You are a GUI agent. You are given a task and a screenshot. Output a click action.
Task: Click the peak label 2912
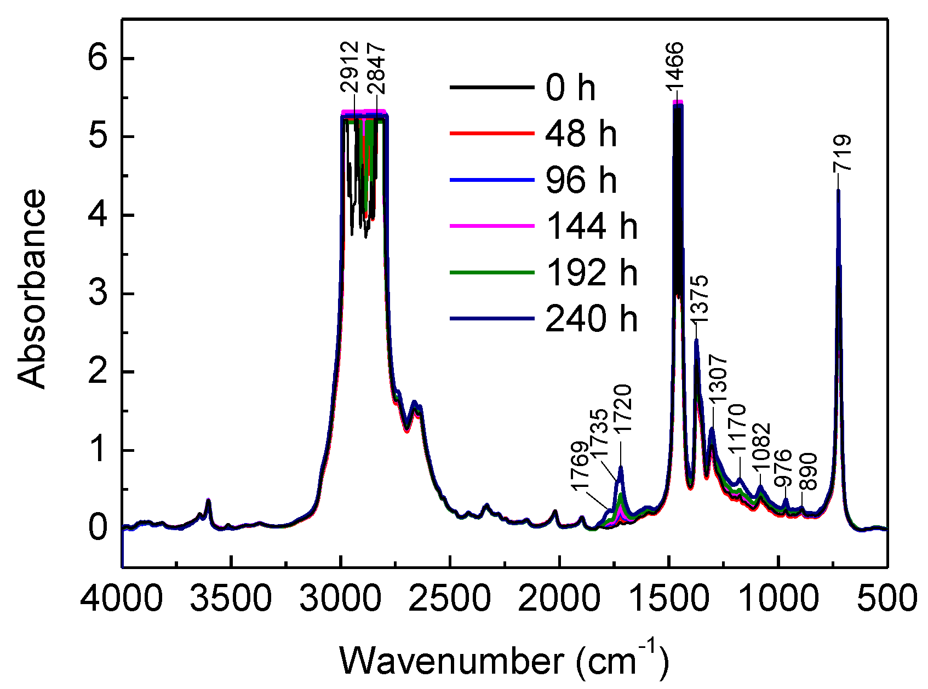click(x=349, y=67)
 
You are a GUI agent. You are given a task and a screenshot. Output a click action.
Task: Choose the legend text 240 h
click(x=591, y=318)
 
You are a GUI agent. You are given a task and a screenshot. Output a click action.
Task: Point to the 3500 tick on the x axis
click(x=231, y=598)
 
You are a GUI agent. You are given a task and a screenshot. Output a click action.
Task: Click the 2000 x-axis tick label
click(x=559, y=598)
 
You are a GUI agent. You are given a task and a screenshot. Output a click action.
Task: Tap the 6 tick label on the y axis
click(x=99, y=59)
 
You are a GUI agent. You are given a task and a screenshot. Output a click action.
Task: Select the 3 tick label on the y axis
click(x=99, y=294)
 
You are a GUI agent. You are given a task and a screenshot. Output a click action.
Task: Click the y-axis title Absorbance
click(x=32, y=289)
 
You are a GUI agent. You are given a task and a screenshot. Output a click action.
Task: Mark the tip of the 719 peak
click(x=838, y=190)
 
